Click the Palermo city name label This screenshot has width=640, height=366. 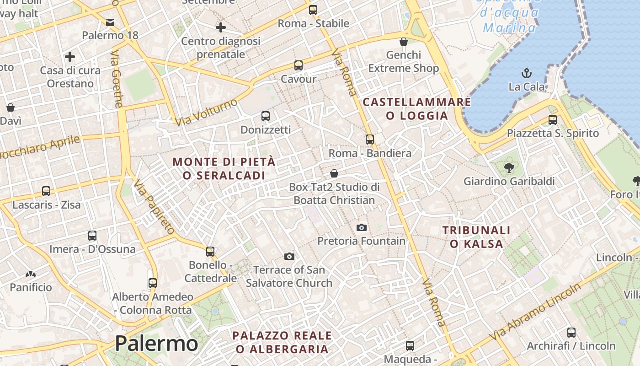coord(156,343)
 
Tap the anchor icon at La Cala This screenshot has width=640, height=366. coord(527,73)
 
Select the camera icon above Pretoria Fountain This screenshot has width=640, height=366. coord(361,227)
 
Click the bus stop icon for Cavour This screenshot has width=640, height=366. coord(299,65)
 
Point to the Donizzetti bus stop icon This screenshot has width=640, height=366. coord(266,116)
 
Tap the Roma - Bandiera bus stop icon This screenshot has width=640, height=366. coord(370,140)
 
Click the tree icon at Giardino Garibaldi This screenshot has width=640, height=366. coord(509,168)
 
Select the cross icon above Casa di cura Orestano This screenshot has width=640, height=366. coord(70,57)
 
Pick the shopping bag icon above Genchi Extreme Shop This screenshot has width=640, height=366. coord(404,42)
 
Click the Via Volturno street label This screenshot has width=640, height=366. coord(207,112)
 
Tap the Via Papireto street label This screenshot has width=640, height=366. coord(154,207)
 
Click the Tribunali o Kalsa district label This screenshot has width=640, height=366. coord(476,237)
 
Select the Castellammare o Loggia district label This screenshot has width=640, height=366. coord(416,109)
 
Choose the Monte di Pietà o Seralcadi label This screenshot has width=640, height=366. coord(224,168)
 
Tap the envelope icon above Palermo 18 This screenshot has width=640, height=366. coord(110,22)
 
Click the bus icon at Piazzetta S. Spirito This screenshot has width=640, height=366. coord(553,120)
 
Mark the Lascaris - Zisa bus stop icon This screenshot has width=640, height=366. coord(46,191)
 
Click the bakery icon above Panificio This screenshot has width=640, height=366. coord(31,274)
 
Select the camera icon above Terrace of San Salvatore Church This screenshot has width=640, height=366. coord(289,256)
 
